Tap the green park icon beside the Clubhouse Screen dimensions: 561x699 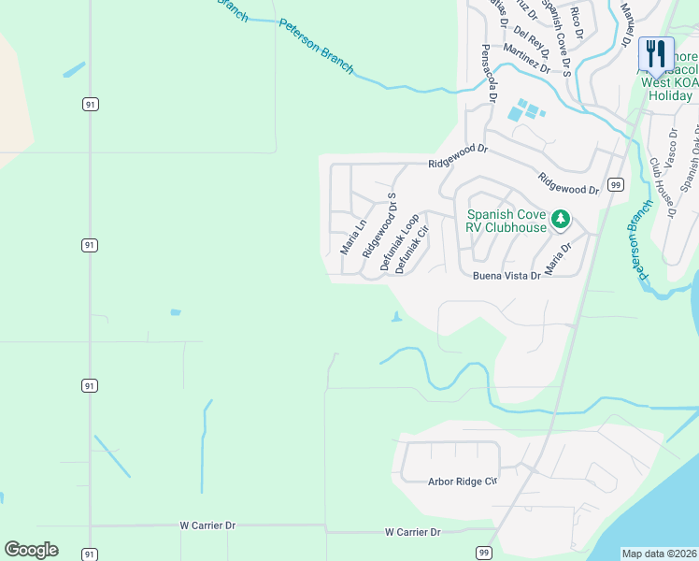click(x=560, y=220)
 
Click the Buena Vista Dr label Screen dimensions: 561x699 click(x=506, y=276)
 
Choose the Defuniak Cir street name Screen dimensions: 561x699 click(x=412, y=250)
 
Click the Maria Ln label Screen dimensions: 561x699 click(x=353, y=237)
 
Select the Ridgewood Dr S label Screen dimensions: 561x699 click(x=379, y=225)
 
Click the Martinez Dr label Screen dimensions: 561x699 click(x=525, y=58)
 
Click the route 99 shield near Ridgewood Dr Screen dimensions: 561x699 click(x=616, y=185)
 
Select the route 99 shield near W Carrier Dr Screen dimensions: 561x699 click(x=482, y=553)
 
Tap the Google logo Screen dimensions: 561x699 click(x=31, y=550)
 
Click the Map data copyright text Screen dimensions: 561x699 click(x=659, y=554)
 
